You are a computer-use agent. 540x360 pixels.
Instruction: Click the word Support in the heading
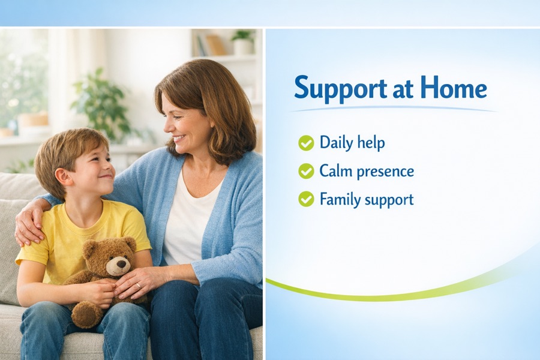coord(340,89)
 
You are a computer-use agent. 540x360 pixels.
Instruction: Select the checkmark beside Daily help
coord(306,143)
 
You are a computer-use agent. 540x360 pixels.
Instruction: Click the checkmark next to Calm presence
coord(306,171)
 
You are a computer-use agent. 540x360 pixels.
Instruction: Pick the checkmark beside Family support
coord(306,199)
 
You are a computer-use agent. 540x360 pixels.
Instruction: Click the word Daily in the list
coord(335,143)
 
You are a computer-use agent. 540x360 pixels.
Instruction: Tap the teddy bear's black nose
coord(122,264)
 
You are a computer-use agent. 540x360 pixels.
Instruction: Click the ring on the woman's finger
coord(138,286)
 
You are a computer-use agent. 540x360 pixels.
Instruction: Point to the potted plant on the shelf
coord(243,41)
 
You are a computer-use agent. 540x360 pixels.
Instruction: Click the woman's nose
coord(169,127)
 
